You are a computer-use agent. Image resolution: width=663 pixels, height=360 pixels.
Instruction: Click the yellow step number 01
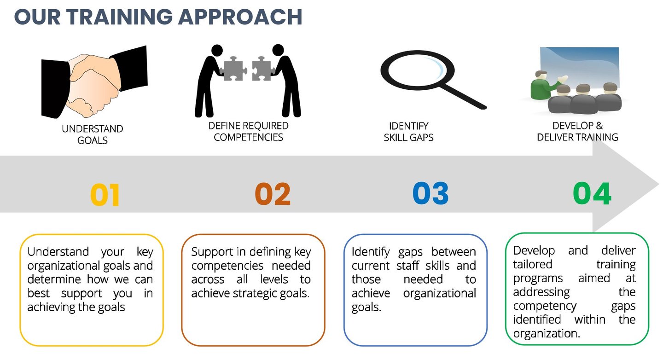coord(105,195)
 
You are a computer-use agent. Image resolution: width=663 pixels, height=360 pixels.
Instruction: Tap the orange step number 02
coord(273,194)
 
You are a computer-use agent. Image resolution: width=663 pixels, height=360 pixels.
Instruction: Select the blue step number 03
coord(430,193)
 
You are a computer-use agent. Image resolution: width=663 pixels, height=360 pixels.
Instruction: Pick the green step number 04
coord(592,193)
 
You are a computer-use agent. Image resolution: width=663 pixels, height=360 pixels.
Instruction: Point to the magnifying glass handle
coord(464,96)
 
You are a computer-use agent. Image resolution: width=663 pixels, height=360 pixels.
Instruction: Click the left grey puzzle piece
coord(233,69)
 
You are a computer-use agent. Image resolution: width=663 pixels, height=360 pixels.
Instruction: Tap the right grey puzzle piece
coord(262,69)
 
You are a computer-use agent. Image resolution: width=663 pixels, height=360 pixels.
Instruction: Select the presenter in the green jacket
coord(545,85)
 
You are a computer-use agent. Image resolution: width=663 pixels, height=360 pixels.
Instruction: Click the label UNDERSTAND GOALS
coord(93,134)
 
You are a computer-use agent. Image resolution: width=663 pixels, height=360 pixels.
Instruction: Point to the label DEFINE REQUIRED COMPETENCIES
coord(248,132)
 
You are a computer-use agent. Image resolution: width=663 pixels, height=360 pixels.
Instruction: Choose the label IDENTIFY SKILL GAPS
coord(408,132)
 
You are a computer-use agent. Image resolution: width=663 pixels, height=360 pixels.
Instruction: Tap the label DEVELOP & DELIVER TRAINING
coord(577,132)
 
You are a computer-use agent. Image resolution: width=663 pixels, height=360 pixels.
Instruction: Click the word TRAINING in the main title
coord(119,17)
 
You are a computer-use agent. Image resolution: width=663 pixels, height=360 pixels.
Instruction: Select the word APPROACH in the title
coord(240,17)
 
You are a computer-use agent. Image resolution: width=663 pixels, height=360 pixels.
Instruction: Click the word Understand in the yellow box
coord(58,252)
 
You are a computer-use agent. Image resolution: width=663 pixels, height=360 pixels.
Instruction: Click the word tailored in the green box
coord(533,264)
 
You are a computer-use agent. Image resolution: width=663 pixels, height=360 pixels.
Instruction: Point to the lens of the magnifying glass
coord(417,70)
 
